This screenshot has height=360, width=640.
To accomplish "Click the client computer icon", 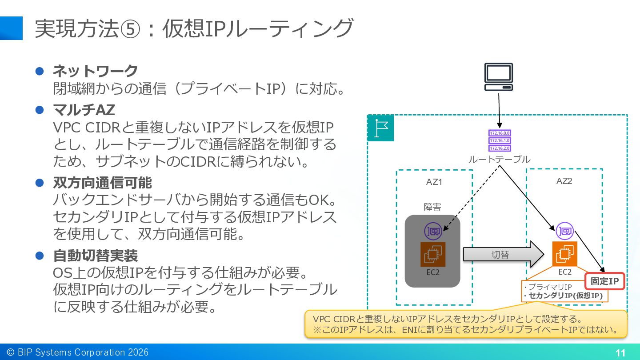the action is [x=499, y=77].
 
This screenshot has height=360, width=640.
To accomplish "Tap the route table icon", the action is [x=500, y=140].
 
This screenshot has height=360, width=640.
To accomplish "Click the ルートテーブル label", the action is [x=499, y=160].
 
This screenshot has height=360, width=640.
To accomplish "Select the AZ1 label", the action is [x=434, y=182].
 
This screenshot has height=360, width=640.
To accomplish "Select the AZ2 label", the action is [x=564, y=181].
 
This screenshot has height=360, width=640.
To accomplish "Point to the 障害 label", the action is [x=432, y=207].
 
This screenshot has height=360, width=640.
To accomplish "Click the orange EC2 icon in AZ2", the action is [x=564, y=254].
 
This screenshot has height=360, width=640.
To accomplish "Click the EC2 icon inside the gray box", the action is [x=433, y=254].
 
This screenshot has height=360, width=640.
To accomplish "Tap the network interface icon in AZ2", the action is [x=564, y=231].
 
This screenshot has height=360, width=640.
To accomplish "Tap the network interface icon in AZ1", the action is [x=433, y=231].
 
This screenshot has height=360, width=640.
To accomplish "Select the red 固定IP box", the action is [x=604, y=281].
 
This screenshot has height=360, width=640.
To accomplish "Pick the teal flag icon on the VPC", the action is [x=380, y=128].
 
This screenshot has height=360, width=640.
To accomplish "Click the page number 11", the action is [x=620, y=353].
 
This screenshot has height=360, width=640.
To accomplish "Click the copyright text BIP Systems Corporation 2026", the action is [x=83, y=352].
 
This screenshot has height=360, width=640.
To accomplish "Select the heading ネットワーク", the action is [x=96, y=71].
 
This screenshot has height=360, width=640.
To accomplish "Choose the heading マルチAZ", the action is [x=84, y=110].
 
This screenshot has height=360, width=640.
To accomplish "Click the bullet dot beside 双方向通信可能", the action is [x=40, y=183].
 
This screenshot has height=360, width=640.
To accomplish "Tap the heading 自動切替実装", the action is [x=96, y=256].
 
